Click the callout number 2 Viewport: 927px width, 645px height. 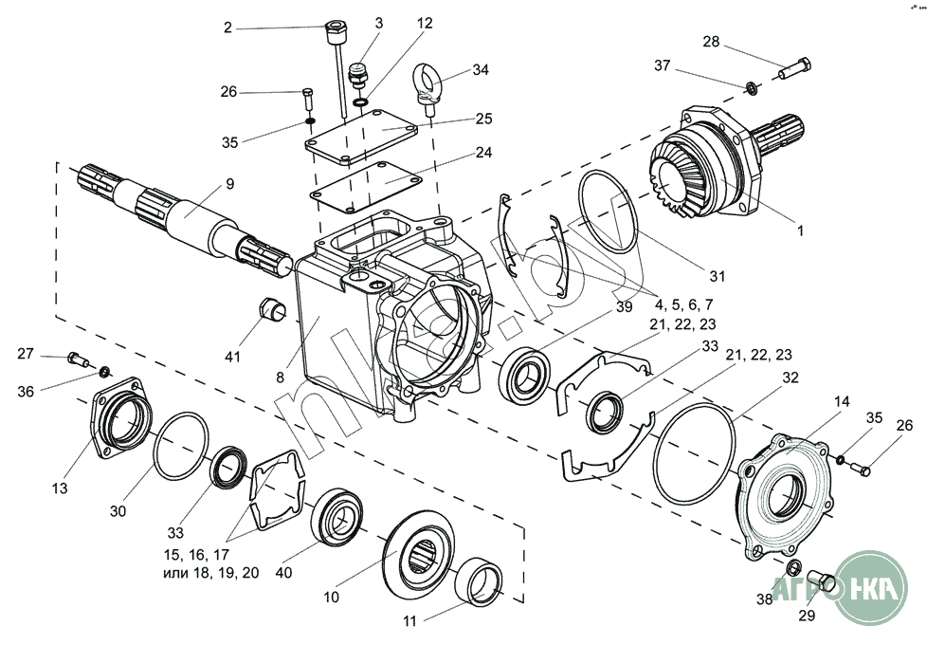click(227, 28)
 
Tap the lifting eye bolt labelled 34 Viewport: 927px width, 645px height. click(426, 83)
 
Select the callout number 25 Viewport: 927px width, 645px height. click(484, 119)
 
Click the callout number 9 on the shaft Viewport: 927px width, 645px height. click(229, 183)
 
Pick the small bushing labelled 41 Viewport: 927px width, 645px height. click(273, 309)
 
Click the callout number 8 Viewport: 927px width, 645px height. click(280, 377)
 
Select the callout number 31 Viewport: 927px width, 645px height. click(717, 277)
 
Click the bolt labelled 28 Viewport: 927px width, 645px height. click(795, 67)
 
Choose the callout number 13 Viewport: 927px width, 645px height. click(60, 488)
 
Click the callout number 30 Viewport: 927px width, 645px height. click(118, 510)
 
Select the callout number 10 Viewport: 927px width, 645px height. click(331, 599)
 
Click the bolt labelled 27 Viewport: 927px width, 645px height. click(76, 358)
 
